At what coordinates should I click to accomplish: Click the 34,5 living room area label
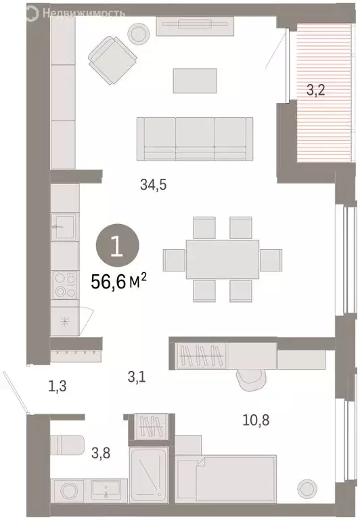[153, 184]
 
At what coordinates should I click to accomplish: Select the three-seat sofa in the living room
[195, 138]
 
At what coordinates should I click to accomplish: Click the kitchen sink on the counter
[65, 227]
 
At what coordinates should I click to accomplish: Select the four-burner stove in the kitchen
[65, 285]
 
